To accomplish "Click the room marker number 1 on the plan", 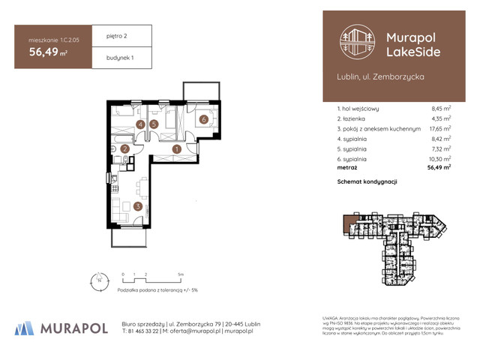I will [x=177, y=149].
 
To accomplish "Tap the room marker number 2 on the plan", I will [x=125, y=149].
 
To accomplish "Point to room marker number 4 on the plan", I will [x=141, y=124].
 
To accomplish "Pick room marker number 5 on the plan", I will [x=154, y=124].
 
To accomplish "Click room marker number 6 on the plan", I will [x=203, y=119].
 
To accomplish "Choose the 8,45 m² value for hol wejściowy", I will [x=439, y=108].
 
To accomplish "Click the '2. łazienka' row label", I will [x=355, y=118].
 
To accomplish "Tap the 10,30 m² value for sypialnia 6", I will [x=439, y=159].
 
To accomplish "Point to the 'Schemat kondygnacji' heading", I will [x=367, y=182].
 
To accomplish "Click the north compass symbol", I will [x=95, y=281].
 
